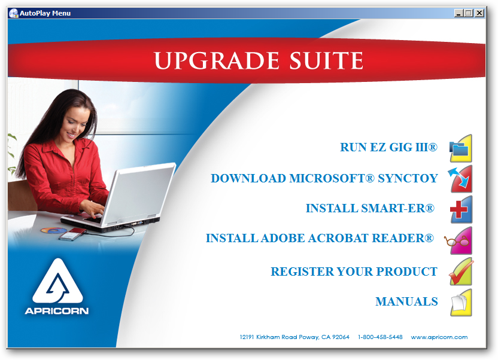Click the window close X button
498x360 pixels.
(479, 13)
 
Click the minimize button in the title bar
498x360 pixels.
(458, 13)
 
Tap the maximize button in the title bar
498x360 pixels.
(468, 13)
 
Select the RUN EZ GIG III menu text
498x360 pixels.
(388, 147)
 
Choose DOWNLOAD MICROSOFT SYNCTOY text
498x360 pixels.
(324, 178)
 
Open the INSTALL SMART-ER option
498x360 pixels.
(370, 208)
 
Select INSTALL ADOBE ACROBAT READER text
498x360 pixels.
(320, 238)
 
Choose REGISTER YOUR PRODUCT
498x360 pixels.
(354, 271)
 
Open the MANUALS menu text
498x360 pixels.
(406, 301)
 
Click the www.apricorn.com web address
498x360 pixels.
(439, 337)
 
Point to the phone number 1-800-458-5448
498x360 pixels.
(380, 337)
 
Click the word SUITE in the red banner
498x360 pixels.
(326, 60)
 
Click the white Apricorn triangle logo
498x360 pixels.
(57, 282)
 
